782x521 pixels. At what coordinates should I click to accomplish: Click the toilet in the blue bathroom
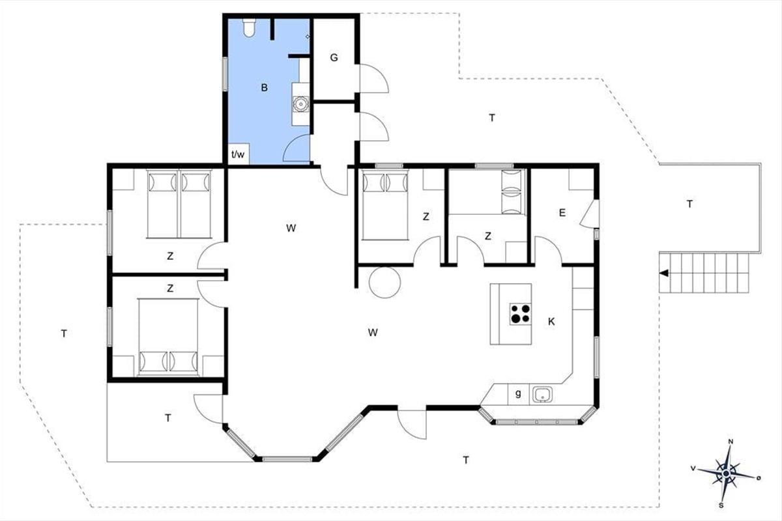pos(249,27)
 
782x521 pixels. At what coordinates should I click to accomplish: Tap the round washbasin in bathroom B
pos(300,104)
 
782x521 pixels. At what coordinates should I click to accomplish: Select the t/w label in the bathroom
pos(238,154)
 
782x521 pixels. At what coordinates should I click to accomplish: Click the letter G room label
pos(334,57)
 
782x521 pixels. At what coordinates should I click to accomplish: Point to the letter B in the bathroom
pos(265,87)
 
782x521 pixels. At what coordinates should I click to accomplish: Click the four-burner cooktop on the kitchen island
pos(520,314)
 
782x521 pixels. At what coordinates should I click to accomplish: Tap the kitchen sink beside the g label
pos(543,395)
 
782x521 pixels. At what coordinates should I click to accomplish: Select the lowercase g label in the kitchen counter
pos(518,393)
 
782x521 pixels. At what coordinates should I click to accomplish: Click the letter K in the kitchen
pos(551,322)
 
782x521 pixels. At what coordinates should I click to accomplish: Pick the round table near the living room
pos(384,283)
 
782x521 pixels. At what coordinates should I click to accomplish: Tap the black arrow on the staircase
pos(663,274)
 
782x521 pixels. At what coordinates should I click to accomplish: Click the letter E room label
pos(562,213)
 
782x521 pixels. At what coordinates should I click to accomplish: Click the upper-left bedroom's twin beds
pos(179,204)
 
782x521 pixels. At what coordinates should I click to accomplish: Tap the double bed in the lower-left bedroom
pos(168,337)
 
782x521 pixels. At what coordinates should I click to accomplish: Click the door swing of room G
pos(374,79)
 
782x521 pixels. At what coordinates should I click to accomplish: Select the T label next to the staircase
pos(689,204)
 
